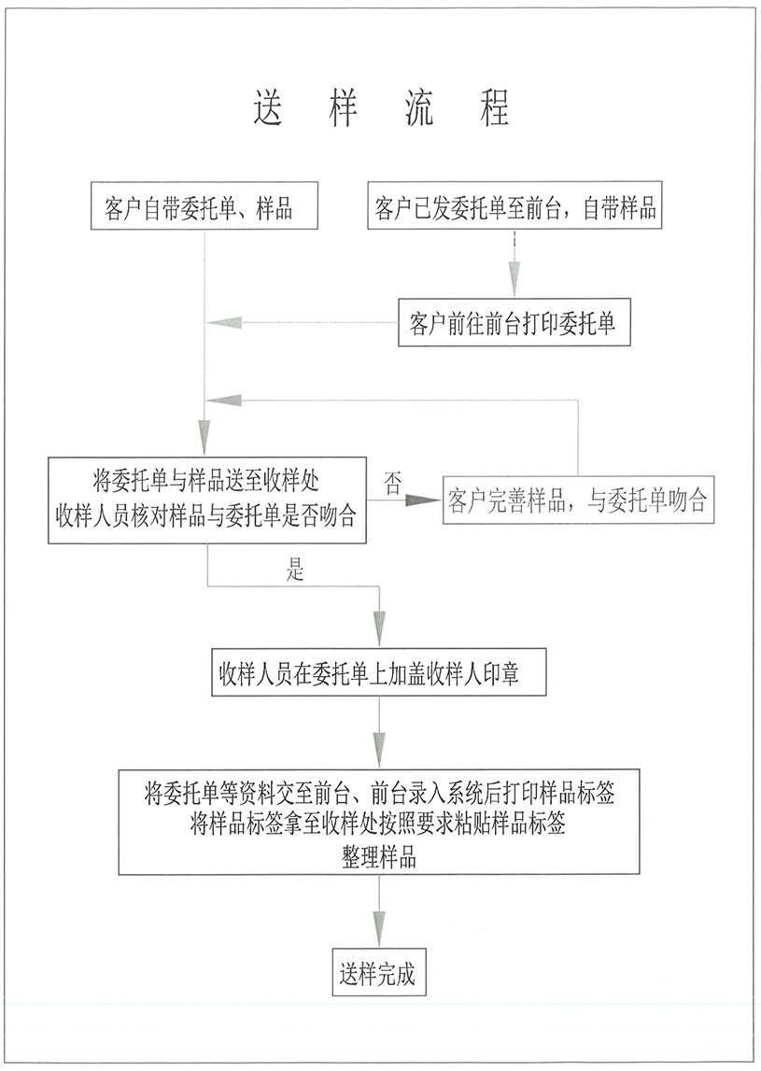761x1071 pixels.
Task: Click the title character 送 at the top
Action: coord(268,107)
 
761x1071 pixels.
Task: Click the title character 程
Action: coord(494,107)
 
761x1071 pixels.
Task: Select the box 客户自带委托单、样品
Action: coord(204,204)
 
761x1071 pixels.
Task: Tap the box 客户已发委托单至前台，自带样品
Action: coord(515,204)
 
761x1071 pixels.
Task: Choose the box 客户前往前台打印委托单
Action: coord(513,323)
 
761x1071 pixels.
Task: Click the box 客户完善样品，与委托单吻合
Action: coord(578,500)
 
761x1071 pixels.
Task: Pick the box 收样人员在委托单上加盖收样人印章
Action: coord(378,672)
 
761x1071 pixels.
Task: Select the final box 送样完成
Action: coord(378,973)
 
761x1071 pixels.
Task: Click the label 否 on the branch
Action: coord(393,484)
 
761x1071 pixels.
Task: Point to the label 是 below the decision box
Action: coord(296,571)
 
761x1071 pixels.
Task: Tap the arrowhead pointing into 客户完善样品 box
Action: coord(424,500)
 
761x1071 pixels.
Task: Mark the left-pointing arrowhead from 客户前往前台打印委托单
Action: coord(225,323)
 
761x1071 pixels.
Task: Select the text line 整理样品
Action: coord(378,856)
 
